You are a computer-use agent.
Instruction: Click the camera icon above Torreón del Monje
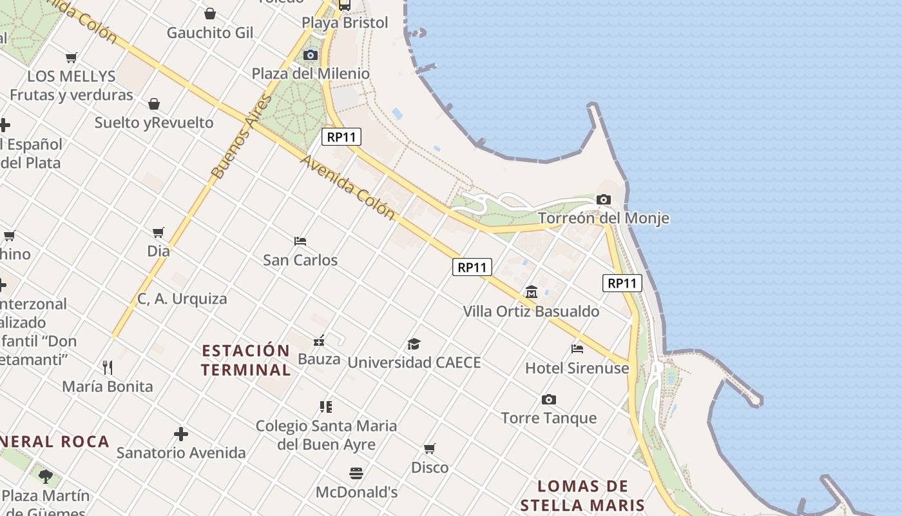pos(604,199)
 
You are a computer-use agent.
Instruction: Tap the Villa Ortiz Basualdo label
pos(531,312)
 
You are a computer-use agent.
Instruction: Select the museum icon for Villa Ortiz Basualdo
pos(532,292)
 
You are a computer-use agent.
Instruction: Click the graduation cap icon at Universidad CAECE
pos(414,344)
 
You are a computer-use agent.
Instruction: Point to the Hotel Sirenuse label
pos(577,368)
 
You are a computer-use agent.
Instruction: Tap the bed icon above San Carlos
pos(300,241)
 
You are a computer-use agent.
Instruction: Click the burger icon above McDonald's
pos(356,473)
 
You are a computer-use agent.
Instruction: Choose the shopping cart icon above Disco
pos(430,448)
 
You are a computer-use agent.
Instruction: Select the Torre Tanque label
pos(549,418)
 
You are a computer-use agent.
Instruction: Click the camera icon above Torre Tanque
pos(549,399)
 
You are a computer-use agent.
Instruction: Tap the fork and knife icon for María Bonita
pos(108,368)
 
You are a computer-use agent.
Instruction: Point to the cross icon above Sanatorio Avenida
pos(181,434)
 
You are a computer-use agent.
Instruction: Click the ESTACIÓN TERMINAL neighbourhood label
pos(245,360)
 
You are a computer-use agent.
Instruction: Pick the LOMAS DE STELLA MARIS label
pos(582,495)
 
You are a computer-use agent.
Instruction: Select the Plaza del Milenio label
pos(311,74)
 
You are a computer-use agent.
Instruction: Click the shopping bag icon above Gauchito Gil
pos(210,14)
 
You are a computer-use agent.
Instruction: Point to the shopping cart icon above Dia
pos(158,232)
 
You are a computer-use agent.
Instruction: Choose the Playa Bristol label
pos(345,23)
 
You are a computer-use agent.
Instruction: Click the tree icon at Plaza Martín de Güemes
pos(46,477)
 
